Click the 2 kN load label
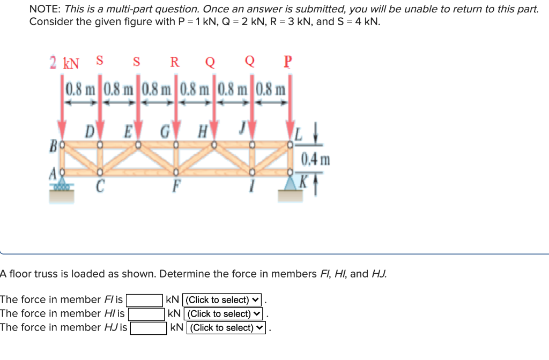[64, 63]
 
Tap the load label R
[175, 62]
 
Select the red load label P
[288, 61]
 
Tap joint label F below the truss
[175, 188]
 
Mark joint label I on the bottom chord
[251, 188]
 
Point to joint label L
[300, 132]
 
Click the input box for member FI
[145, 300]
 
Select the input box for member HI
[146, 314]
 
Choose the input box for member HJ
[149, 328]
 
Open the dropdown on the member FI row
[221, 300]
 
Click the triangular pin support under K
[290, 183]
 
